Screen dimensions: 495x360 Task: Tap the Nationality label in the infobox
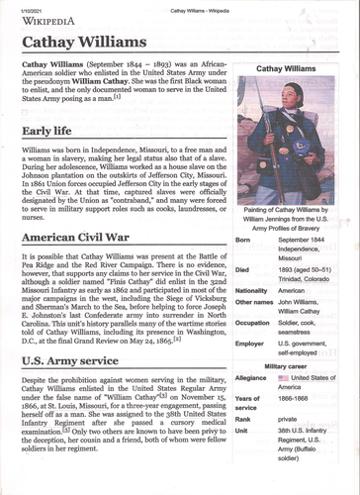(252, 291)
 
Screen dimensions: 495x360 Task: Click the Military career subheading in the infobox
(287, 365)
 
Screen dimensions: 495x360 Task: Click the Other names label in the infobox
(254, 302)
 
